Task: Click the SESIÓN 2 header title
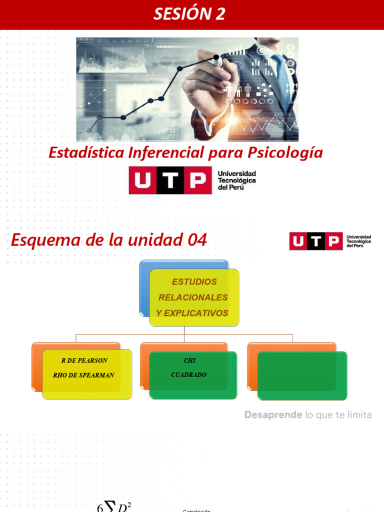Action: pyautogui.click(x=189, y=14)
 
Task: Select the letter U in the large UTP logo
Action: pyautogui.click(x=142, y=180)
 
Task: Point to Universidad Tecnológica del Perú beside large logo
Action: pyautogui.click(x=236, y=180)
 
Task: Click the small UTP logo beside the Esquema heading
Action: pyautogui.click(x=315, y=241)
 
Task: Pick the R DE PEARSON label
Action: pyautogui.click(x=84, y=360)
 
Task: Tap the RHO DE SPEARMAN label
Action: pyautogui.click(x=83, y=375)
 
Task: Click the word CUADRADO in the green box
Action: pyautogui.click(x=188, y=374)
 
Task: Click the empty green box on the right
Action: pyautogui.click(x=302, y=375)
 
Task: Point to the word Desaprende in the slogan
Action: pyautogui.click(x=273, y=415)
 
